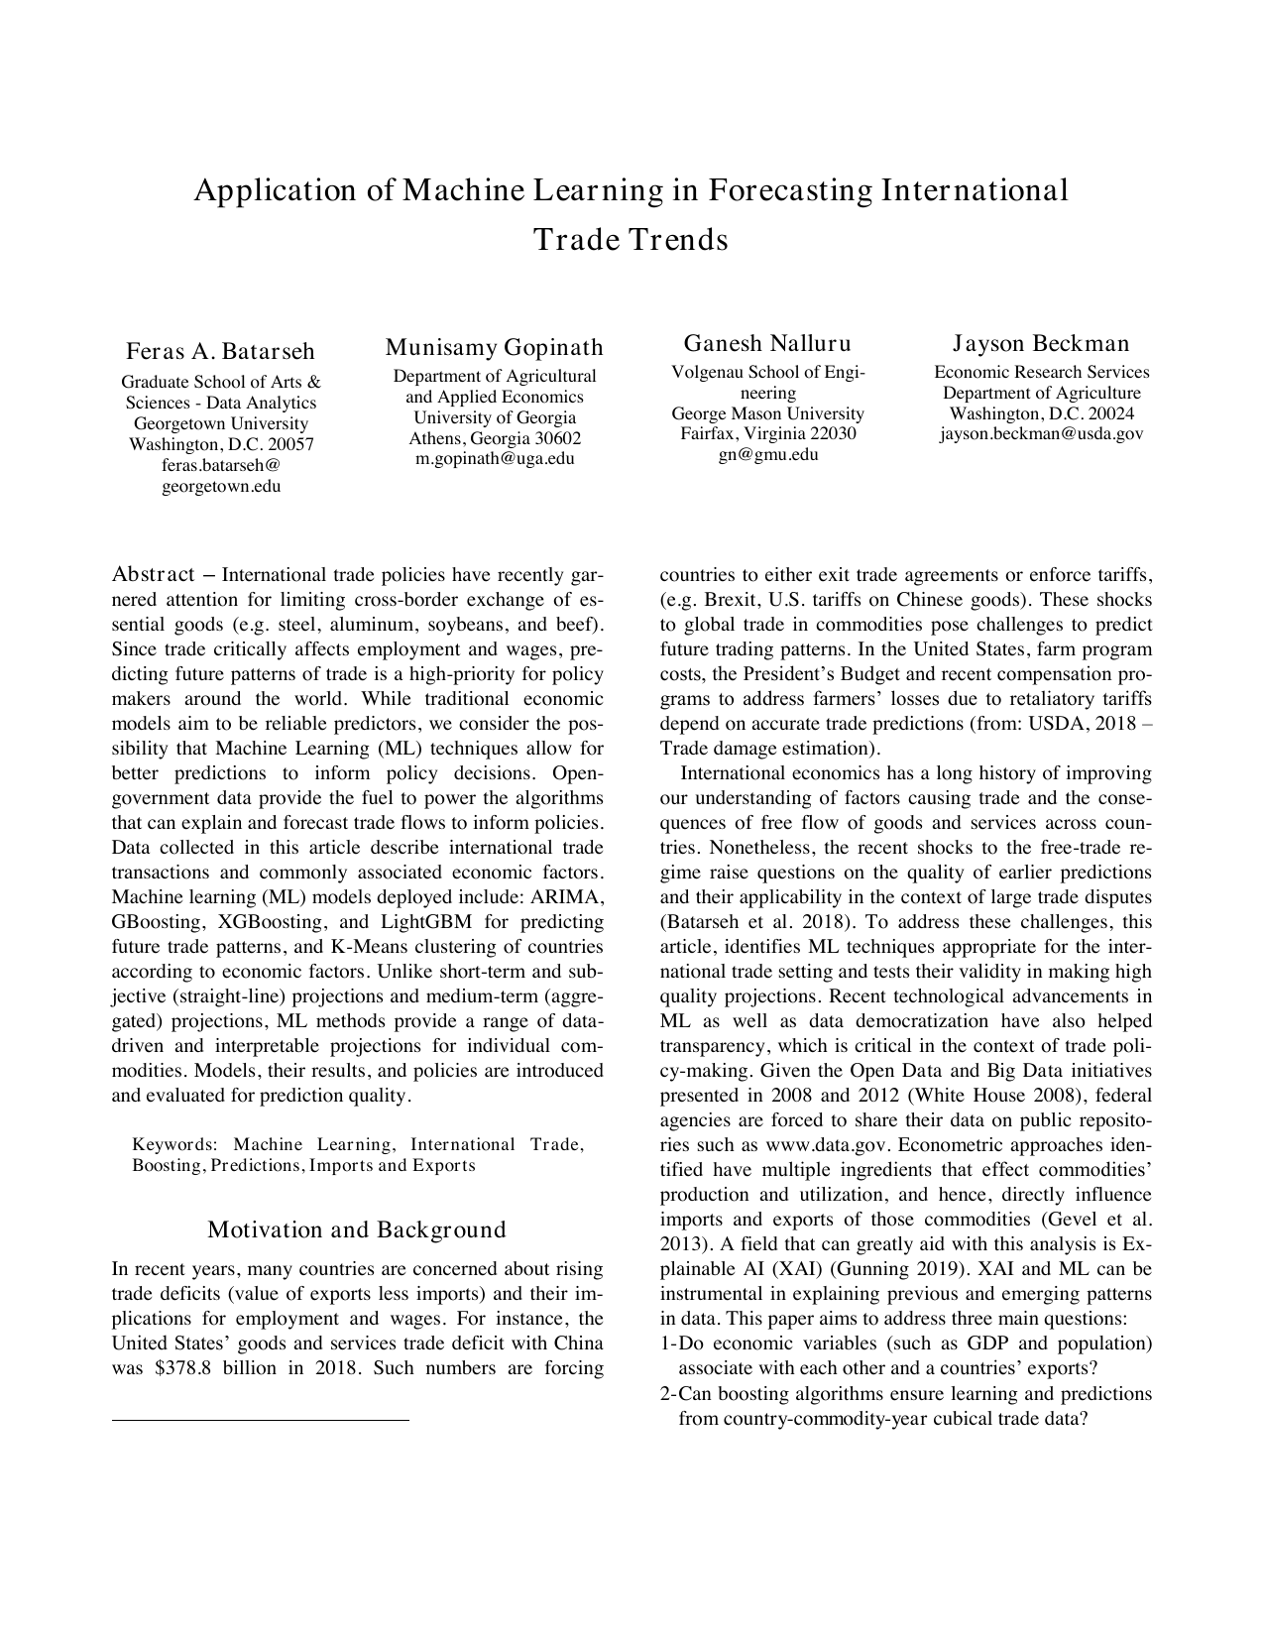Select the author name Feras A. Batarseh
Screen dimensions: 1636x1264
(x=220, y=351)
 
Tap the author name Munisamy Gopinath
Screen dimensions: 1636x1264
(x=494, y=347)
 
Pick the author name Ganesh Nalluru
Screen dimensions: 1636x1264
(x=767, y=343)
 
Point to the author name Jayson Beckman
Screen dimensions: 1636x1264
(x=1041, y=343)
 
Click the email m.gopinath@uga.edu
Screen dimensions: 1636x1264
(x=494, y=459)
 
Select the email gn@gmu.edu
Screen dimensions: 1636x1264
(x=767, y=455)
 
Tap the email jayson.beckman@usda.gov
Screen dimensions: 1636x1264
(x=1041, y=434)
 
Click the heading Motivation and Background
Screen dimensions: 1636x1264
(x=357, y=1229)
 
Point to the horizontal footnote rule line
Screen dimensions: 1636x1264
(x=260, y=1421)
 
